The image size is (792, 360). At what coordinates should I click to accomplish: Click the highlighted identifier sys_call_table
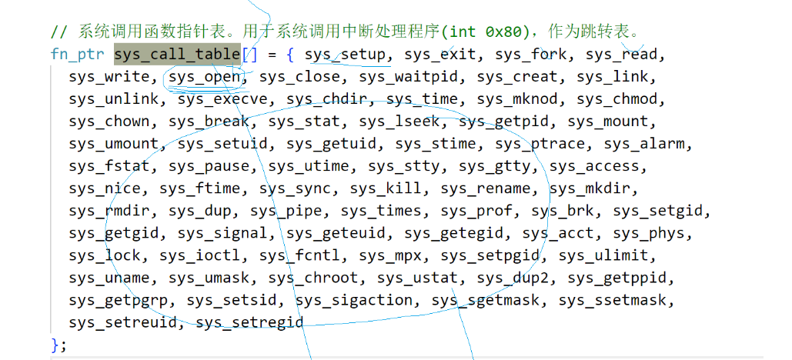pyautogui.click(x=177, y=55)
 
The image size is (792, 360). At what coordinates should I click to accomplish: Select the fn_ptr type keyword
pyautogui.click(x=77, y=55)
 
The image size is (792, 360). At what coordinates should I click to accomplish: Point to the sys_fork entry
pyautogui.click(x=532, y=55)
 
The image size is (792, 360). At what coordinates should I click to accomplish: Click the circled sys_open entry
pyautogui.click(x=205, y=77)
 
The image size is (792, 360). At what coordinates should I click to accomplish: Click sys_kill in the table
pyautogui.click(x=386, y=188)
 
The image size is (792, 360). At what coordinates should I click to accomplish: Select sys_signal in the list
pyautogui.click(x=223, y=233)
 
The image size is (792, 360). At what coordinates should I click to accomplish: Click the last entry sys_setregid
pyautogui.click(x=250, y=322)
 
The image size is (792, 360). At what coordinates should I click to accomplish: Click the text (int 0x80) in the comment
pyautogui.click(x=488, y=32)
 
